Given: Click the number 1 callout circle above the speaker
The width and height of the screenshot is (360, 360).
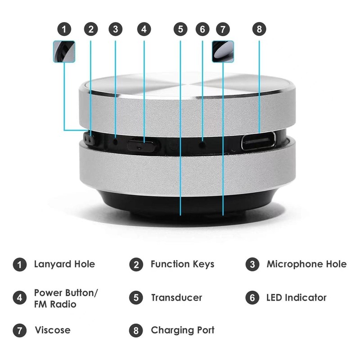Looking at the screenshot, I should (66, 30).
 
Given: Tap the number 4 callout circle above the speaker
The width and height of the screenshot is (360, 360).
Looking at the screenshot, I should (144, 30).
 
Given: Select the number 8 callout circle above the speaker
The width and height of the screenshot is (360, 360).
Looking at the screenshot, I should (259, 30).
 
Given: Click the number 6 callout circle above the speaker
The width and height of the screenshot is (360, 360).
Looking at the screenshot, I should (202, 30).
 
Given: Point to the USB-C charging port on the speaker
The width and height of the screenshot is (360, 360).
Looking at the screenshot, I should (259, 142).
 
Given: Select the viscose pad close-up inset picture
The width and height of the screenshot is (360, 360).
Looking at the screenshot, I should (223, 51).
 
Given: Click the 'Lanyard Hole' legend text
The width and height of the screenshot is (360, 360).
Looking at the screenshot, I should (64, 264).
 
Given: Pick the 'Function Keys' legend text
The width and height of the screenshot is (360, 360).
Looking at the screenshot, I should (182, 264).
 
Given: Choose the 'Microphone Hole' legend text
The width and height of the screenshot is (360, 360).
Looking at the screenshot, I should (306, 264).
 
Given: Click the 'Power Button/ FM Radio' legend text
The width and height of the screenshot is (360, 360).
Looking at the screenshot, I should (65, 298).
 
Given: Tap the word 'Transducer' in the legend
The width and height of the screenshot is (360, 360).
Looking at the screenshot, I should (176, 298).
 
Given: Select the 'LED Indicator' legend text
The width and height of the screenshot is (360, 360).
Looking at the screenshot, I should (296, 298).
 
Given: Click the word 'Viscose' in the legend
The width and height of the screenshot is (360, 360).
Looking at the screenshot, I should (53, 330).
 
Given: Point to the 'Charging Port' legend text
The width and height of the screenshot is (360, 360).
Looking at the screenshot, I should (182, 330).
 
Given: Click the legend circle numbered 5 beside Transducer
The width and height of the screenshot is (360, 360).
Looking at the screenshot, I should (136, 298).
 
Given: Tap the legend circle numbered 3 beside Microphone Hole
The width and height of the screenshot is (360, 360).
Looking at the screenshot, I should (252, 264).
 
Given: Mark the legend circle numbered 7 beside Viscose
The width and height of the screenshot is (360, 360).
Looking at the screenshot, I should (19, 330).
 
